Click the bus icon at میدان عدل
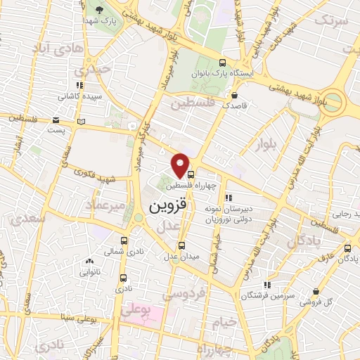pos(182,245)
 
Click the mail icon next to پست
pos(56,120)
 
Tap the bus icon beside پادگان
pos(348,248)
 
